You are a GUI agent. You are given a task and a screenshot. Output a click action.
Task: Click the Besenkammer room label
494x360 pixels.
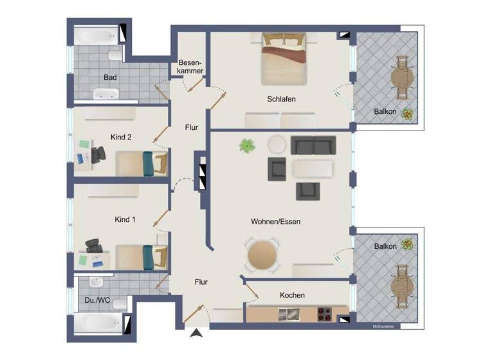(x=190, y=66)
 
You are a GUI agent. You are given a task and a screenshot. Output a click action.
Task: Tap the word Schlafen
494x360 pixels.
(x=281, y=99)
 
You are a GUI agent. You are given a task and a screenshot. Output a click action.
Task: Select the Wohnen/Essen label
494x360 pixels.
(x=275, y=221)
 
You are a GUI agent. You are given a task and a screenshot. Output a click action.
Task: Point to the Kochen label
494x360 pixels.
(x=292, y=295)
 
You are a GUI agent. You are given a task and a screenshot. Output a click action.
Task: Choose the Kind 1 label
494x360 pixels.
(x=124, y=220)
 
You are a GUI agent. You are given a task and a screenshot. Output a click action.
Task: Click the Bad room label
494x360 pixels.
(x=110, y=78)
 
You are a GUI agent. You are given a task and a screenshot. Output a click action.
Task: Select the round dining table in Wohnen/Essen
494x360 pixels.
(x=262, y=255)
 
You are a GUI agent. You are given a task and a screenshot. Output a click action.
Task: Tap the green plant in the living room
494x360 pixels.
(x=247, y=146)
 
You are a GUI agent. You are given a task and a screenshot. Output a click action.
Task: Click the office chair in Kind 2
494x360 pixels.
(x=98, y=154)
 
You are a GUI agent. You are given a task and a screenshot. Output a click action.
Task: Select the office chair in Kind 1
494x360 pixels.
(x=95, y=246)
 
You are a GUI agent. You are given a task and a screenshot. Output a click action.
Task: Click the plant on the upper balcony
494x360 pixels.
(x=407, y=114)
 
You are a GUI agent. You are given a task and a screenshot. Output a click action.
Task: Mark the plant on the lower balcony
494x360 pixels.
(x=407, y=244)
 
